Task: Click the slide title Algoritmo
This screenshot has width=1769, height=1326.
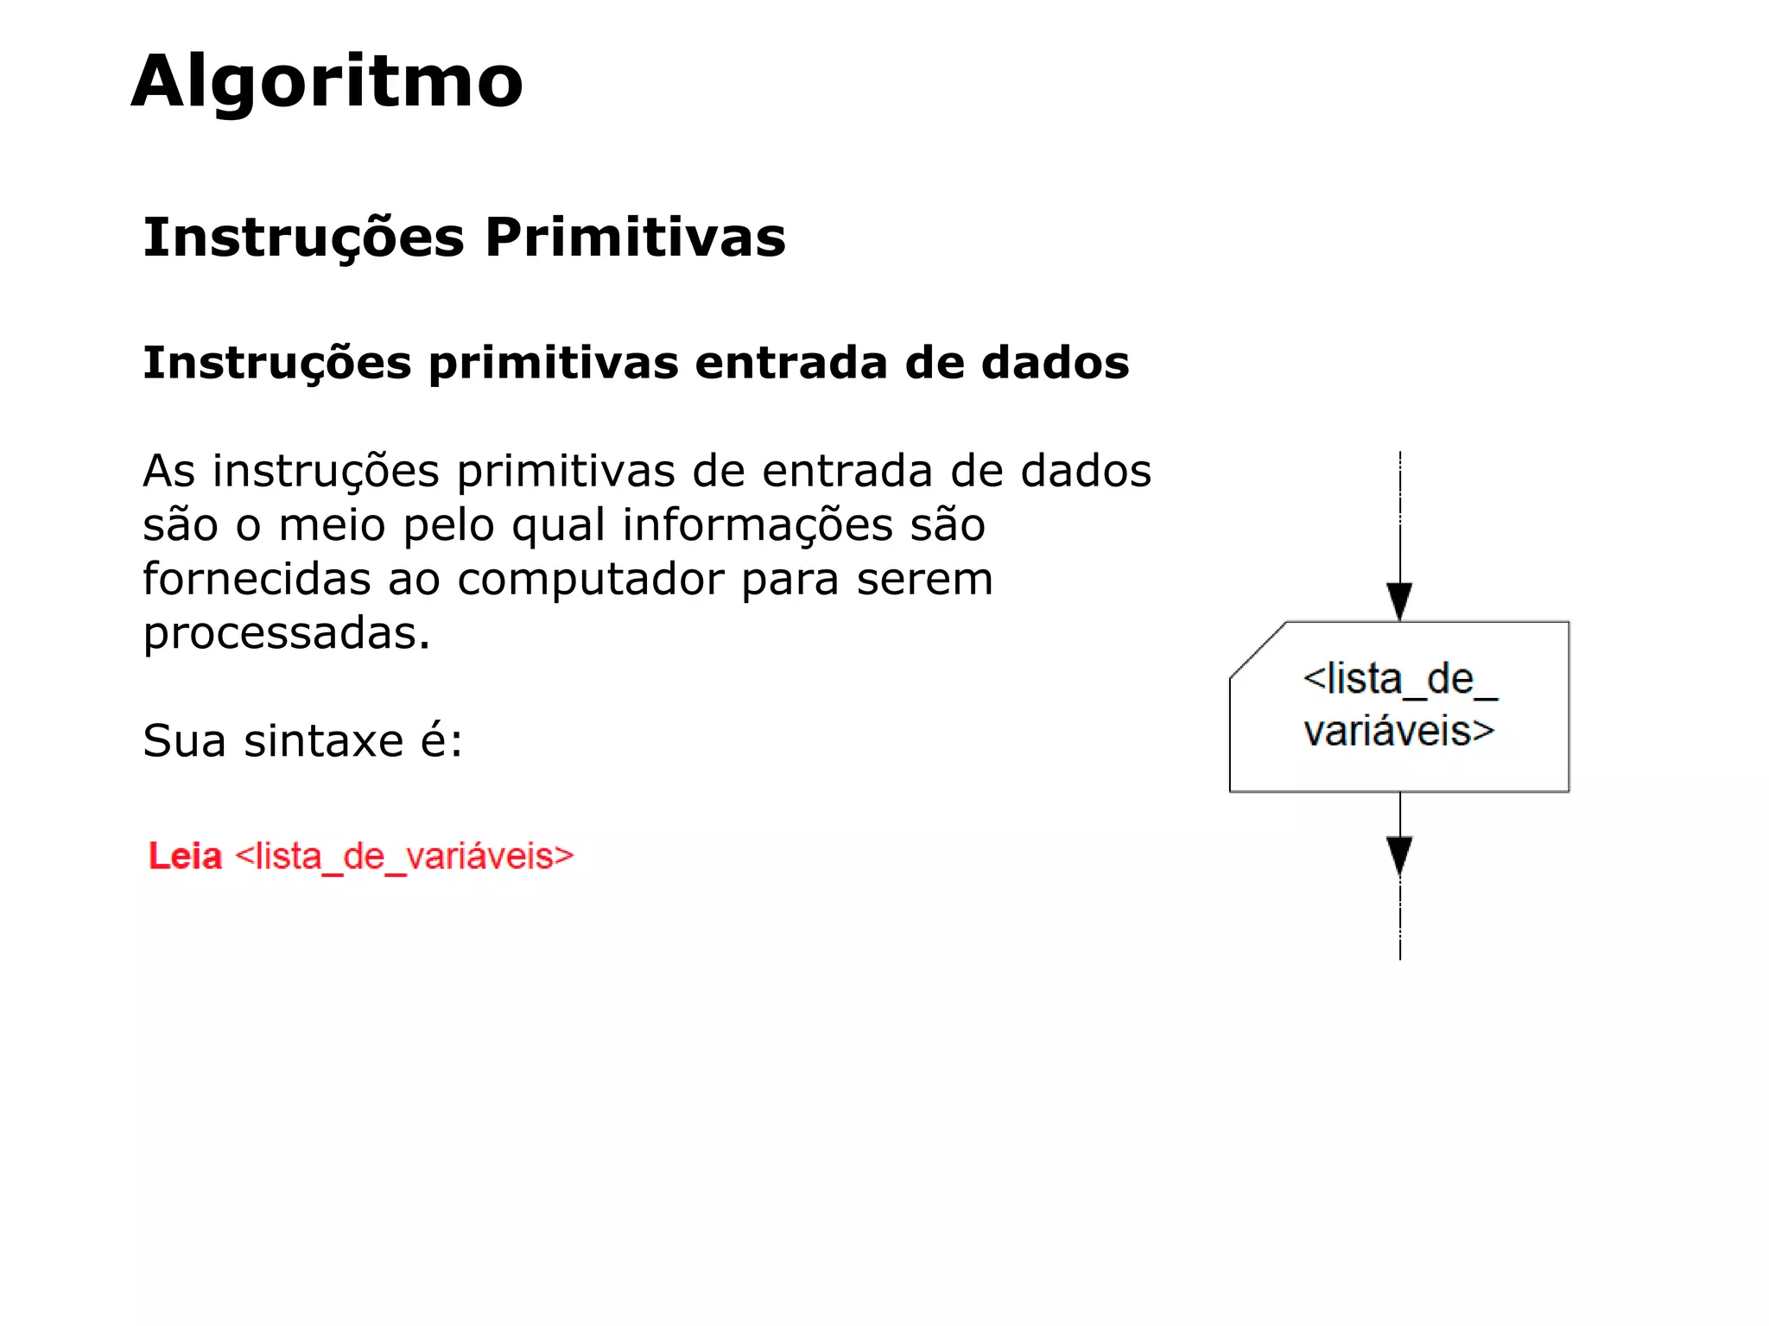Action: pyautogui.click(x=327, y=82)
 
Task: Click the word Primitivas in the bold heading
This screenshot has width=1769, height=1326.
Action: pyautogui.click(x=635, y=238)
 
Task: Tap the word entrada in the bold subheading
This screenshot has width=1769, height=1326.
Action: pyautogui.click(x=790, y=363)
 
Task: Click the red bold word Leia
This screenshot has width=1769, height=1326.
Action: pyautogui.click(x=185, y=856)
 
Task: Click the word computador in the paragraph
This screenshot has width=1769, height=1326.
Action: pyautogui.click(x=591, y=580)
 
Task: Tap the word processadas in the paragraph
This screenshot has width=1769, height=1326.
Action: pyautogui.click(x=286, y=634)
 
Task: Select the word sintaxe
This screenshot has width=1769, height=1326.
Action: pyautogui.click(x=323, y=741)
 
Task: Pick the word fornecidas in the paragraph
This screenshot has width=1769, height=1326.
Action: pyautogui.click(x=257, y=580)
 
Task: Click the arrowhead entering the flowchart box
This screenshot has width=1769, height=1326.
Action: pyautogui.click(x=1399, y=600)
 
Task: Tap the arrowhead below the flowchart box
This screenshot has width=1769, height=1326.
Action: pyautogui.click(x=1399, y=855)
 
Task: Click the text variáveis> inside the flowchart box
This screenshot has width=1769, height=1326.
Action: pyautogui.click(x=1398, y=732)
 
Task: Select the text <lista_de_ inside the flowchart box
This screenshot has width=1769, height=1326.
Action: pyautogui.click(x=1399, y=680)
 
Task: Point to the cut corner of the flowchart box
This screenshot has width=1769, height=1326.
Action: pyautogui.click(x=1258, y=650)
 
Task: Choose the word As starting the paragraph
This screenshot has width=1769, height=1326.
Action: pyautogui.click(x=169, y=472)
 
